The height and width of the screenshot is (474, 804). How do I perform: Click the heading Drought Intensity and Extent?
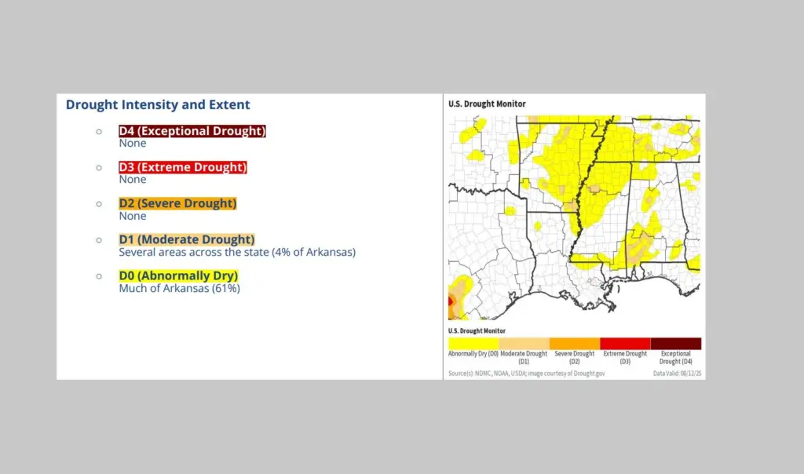point(158,104)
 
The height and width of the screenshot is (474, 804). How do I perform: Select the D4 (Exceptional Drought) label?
point(192,131)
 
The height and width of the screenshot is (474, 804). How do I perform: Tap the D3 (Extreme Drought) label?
point(182,167)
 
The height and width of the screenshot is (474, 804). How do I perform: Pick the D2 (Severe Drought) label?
point(177,203)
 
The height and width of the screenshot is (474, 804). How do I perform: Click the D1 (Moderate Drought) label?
point(187,239)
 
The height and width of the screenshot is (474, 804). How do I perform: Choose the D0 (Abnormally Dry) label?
point(178,275)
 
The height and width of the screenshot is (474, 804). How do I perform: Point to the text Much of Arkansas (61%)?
point(179,288)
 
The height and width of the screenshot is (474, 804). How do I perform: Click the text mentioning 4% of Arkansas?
point(237,252)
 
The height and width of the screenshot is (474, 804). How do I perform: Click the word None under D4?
point(133,144)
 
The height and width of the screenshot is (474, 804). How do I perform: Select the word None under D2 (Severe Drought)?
point(133,216)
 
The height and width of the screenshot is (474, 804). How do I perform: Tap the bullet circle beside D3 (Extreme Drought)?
point(99,167)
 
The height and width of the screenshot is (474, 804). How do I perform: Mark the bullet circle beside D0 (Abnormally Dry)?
point(99,276)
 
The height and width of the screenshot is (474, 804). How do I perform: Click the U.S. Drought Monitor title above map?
point(487,104)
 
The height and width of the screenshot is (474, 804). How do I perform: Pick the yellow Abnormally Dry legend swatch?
point(473,343)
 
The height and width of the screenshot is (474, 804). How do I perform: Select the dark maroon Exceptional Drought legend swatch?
point(675,343)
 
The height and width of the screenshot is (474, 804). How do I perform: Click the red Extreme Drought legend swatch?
point(625,343)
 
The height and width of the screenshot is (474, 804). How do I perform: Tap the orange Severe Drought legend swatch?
point(575,343)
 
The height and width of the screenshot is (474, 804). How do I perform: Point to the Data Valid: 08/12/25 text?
point(678,374)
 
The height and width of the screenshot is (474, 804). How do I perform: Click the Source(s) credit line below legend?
point(526,374)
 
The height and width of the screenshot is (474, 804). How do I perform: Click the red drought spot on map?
point(450,301)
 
